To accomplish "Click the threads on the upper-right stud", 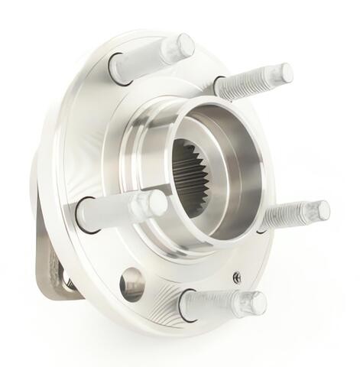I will coord(256,81).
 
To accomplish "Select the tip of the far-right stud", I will coord(320,210).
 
